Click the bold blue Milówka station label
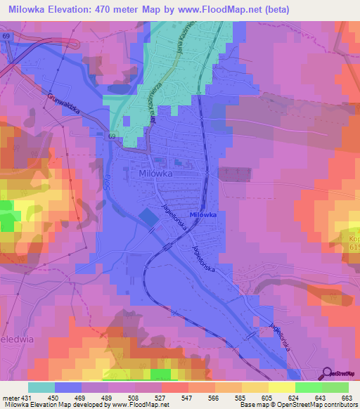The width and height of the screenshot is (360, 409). (x=202, y=214)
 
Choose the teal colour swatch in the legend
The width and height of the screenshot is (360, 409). (x=41, y=387)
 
